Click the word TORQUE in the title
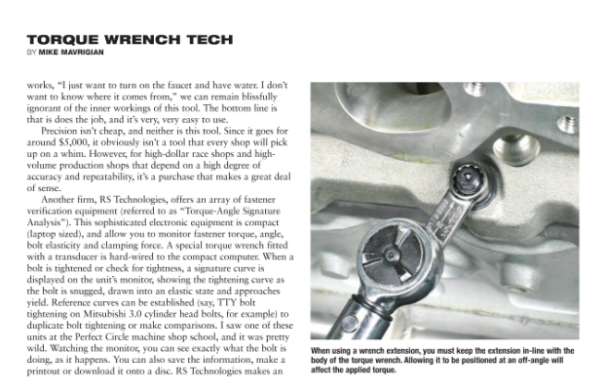[x=59, y=39]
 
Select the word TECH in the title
[x=205, y=39]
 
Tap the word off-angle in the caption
[x=518, y=360]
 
